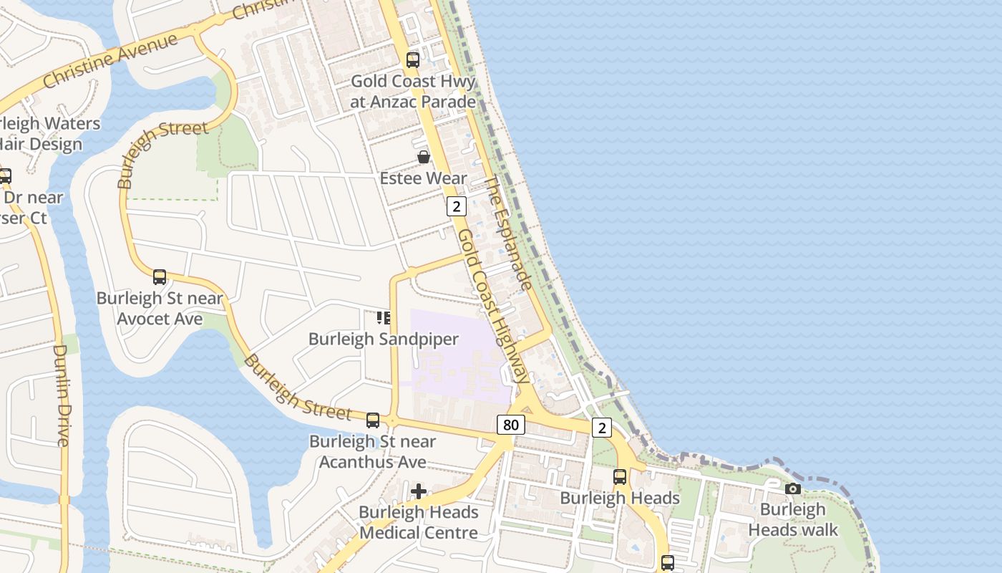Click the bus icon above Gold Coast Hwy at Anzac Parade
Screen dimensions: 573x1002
click(413, 60)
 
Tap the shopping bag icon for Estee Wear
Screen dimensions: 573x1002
click(424, 157)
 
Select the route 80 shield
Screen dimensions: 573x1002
click(510, 425)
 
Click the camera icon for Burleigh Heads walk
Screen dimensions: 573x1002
click(792, 488)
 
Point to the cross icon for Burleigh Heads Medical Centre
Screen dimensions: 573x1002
click(419, 491)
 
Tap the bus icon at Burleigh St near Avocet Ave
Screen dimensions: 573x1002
click(160, 276)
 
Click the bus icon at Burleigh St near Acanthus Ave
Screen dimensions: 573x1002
click(373, 420)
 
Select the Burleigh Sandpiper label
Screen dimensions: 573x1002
click(383, 339)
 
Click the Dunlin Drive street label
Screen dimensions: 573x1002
click(62, 395)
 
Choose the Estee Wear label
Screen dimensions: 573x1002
click(423, 178)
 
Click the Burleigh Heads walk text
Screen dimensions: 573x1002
click(792, 520)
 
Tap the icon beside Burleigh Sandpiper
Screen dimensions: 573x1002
click(384, 317)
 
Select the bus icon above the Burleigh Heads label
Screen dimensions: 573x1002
click(620, 476)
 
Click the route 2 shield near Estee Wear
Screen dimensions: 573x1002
click(456, 207)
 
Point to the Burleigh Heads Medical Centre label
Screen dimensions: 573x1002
click(419, 522)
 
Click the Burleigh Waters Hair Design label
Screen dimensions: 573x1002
click(43, 134)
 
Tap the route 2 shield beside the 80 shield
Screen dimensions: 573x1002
click(602, 428)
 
